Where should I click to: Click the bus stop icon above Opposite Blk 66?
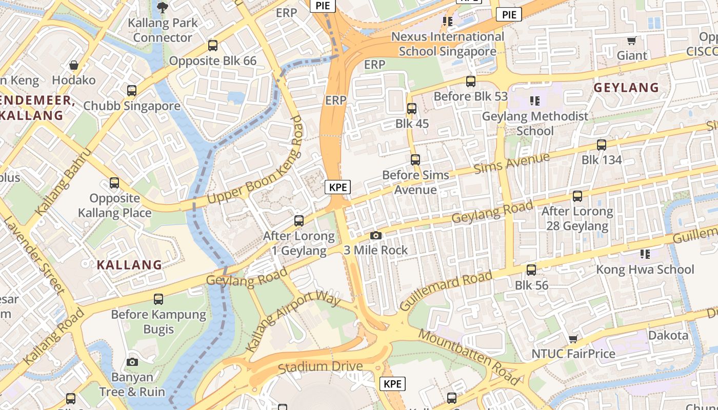click(x=213, y=46)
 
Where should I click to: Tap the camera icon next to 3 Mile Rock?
click(x=376, y=235)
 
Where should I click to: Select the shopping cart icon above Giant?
click(x=632, y=40)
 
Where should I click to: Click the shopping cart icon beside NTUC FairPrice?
click(x=573, y=339)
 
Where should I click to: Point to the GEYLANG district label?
click(x=626, y=88)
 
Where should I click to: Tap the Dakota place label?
click(x=668, y=336)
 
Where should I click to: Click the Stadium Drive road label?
click(x=320, y=367)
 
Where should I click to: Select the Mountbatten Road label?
click(x=469, y=357)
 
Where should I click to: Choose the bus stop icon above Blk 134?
click(x=601, y=145)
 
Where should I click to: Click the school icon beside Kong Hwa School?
click(x=645, y=254)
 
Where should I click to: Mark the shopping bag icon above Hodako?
click(x=74, y=65)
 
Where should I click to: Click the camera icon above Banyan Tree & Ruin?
click(x=132, y=362)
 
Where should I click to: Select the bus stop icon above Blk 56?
click(x=531, y=270)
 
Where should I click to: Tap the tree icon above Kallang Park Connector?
click(x=162, y=8)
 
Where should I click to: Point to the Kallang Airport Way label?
click(x=293, y=322)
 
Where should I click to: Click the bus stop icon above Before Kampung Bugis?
click(x=158, y=299)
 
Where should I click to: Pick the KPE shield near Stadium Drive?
click(x=392, y=383)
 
